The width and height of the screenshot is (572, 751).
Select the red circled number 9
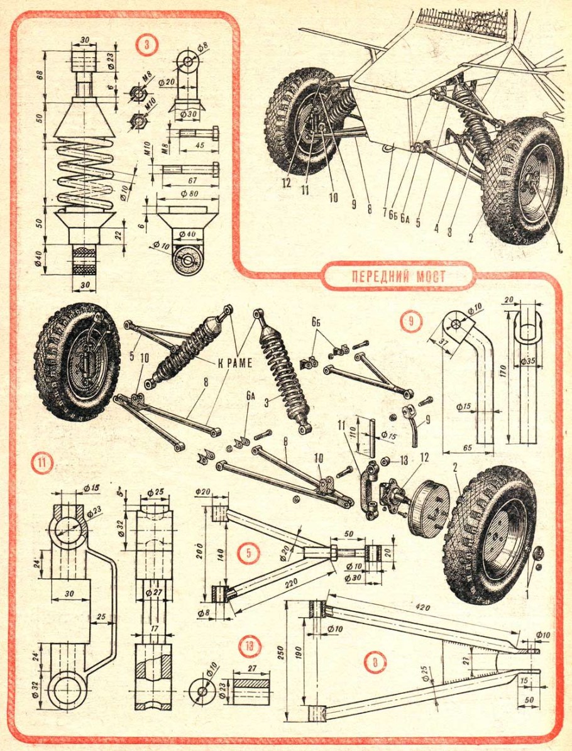(x=409, y=322)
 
